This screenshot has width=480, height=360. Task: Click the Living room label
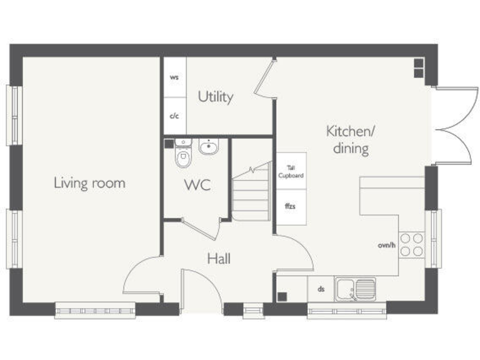(x=89, y=183)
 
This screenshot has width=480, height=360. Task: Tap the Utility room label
(x=216, y=97)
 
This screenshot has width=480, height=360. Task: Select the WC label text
(x=196, y=186)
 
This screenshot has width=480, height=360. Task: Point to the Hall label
(x=219, y=258)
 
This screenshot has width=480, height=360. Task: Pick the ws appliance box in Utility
(x=174, y=77)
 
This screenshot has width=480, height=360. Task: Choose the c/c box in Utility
(x=174, y=116)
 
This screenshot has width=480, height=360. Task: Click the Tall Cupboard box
(x=291, y=171)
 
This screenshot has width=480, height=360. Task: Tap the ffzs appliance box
(x=291, y=207)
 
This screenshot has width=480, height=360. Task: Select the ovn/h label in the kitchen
(x=386, y=245)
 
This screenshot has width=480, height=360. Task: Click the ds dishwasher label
(x=321, y=289)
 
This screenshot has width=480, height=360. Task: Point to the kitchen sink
(x=354, y=289)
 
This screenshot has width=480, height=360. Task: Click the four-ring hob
(x=411, y=245)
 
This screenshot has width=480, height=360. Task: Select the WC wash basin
(x=209, y=147)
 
